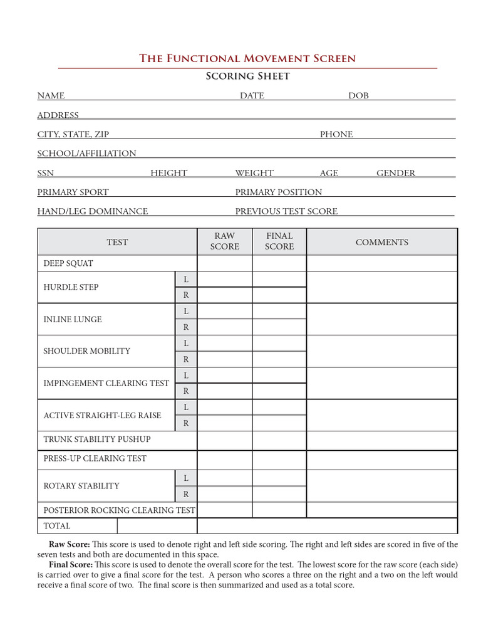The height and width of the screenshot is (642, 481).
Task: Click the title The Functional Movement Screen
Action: coord(247,58)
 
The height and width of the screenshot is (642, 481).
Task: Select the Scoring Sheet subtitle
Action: coord(248,76)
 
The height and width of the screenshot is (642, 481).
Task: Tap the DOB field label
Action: coord(358,95)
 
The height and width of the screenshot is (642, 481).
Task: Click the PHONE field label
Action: coord(336,134)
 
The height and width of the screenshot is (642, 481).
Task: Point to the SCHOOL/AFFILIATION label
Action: coord(86,153)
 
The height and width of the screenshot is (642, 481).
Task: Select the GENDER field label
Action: coord(395,173)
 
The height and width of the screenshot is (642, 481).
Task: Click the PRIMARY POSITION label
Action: coord(279,192)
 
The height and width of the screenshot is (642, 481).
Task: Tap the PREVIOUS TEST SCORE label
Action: coord(286,211)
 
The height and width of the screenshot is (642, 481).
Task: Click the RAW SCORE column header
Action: coord(224,241)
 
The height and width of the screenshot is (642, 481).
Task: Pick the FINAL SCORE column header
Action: coord(279,241)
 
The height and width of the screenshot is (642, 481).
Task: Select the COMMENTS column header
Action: coord(381,242)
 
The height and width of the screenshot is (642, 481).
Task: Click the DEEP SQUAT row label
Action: coord(68,263)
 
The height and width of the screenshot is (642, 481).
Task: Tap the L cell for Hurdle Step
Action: coord(186,279)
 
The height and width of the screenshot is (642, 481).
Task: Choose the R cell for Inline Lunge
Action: coord(186,327)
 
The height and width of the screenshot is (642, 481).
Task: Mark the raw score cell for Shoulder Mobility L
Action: coord(224,343)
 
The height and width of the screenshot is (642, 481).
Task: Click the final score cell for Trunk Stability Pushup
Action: coord(279,439)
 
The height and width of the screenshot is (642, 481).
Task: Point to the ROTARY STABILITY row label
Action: coord(81,486)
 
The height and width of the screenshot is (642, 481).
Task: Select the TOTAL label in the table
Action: coord(57,526)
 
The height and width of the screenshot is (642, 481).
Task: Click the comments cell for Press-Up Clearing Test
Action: coord(381,459)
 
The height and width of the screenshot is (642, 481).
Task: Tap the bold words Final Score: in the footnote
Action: coord(70,565)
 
